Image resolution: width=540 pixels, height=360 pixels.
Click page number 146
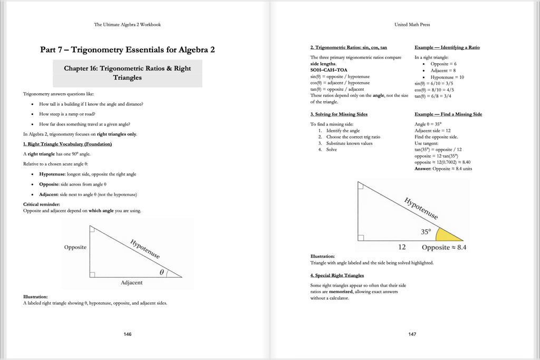point(127,334)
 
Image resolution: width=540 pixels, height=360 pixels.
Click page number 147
point(412,334)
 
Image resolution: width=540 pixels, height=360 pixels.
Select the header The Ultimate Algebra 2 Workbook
point(127,24)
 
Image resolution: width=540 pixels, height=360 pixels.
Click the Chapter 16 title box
point(127,73)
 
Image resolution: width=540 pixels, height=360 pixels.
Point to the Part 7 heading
point(127,50)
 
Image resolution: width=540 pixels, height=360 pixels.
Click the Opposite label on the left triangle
point(75,247)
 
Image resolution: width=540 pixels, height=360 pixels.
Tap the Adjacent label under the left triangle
point(131,283)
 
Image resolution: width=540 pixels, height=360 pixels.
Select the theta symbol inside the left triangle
point(162,272)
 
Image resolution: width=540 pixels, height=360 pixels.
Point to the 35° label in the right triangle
point(426,231)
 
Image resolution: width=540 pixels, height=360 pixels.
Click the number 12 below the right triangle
point(402,247)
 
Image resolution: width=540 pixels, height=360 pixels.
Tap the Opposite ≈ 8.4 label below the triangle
point(444,247)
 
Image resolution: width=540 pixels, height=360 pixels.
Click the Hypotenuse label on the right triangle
point(420,209)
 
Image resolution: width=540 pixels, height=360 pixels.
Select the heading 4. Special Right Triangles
point(337,275)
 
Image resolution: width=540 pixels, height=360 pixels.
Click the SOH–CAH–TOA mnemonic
point(329,70)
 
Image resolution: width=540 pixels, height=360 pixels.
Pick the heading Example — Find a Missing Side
point(448,114)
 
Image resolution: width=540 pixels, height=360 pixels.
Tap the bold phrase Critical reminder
point(42,204)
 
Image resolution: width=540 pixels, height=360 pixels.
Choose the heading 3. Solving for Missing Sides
point(339,114)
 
